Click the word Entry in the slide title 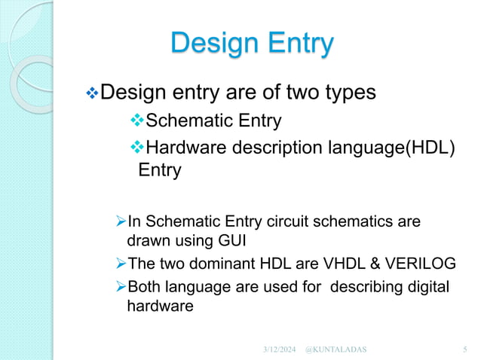(296, 43)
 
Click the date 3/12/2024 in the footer (279, 349)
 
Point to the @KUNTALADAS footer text (341, 349)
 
